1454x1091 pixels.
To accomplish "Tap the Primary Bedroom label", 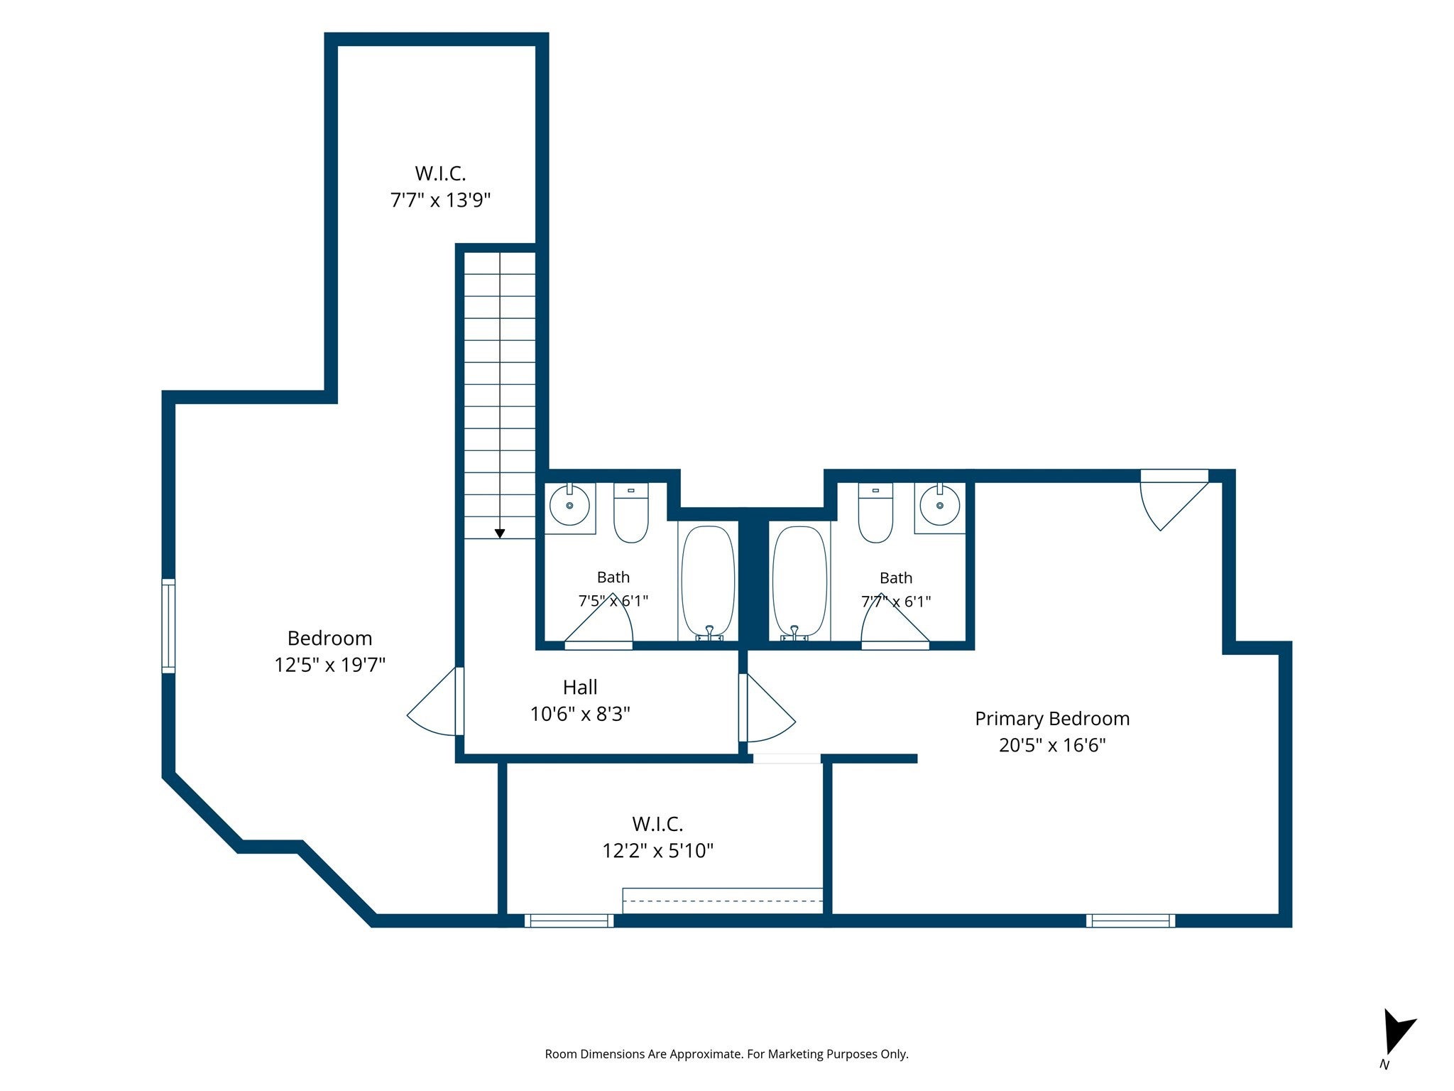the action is click(1052, 719).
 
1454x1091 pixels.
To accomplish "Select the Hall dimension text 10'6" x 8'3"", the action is click(580, 714).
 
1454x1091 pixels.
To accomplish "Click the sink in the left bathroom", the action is click(569, 505).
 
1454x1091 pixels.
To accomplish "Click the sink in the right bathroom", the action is click(940, 505).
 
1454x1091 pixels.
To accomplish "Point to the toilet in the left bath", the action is click(630, 513).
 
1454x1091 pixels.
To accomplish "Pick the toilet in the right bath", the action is click(876, 513).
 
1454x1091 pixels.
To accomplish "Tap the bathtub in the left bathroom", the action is click(708, 581).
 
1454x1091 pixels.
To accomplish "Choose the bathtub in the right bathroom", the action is click(799, 581).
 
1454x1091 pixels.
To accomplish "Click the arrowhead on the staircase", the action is click(500, 533).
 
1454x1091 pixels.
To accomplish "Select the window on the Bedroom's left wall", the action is click(168, 626).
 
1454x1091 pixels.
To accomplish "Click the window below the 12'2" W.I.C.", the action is click(569, 921).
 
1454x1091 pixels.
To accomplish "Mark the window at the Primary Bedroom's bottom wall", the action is click(1130, 921).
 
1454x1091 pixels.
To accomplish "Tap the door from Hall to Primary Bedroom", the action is click(767, 707).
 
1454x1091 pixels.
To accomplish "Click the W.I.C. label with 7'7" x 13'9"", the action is click(440, 186).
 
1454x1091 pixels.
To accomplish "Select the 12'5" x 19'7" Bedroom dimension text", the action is click(330, 665).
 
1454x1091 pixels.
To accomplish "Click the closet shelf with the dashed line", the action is click(723, 901).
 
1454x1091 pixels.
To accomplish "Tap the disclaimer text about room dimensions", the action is click(726, 1054).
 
